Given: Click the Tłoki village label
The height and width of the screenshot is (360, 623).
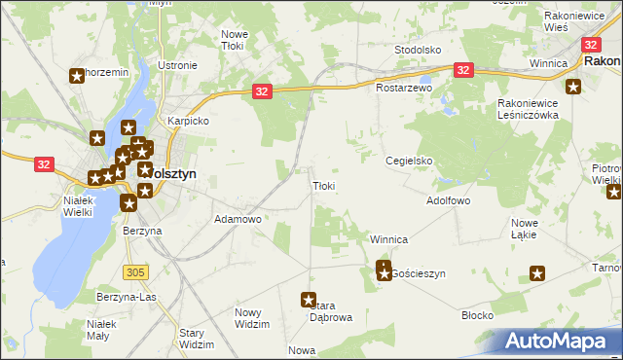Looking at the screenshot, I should coord(324,186).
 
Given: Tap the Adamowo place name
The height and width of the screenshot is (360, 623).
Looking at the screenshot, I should coord(238,220).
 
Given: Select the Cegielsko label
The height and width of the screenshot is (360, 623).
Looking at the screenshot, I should coord(408,161).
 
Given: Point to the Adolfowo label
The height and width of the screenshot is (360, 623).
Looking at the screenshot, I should coord(449,200).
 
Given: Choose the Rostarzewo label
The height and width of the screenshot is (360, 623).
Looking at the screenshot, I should coord(403,88).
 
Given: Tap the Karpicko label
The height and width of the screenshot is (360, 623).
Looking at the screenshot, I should coord(189,122).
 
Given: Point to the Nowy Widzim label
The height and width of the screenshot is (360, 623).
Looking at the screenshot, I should coord(252,317).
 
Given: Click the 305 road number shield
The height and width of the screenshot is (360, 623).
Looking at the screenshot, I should coord(135,270).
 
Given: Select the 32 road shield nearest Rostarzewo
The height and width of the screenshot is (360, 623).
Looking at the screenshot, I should coord(463,70).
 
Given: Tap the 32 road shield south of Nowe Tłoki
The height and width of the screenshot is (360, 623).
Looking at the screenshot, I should coord(261,90).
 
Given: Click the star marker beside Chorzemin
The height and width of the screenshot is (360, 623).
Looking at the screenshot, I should coord(77,75).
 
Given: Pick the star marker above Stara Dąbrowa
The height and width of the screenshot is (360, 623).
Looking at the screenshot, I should coord(310,301).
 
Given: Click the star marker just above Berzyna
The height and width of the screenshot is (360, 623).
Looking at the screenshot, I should coord(128,203).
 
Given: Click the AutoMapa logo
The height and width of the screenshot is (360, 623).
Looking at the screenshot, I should coord(558,341).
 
